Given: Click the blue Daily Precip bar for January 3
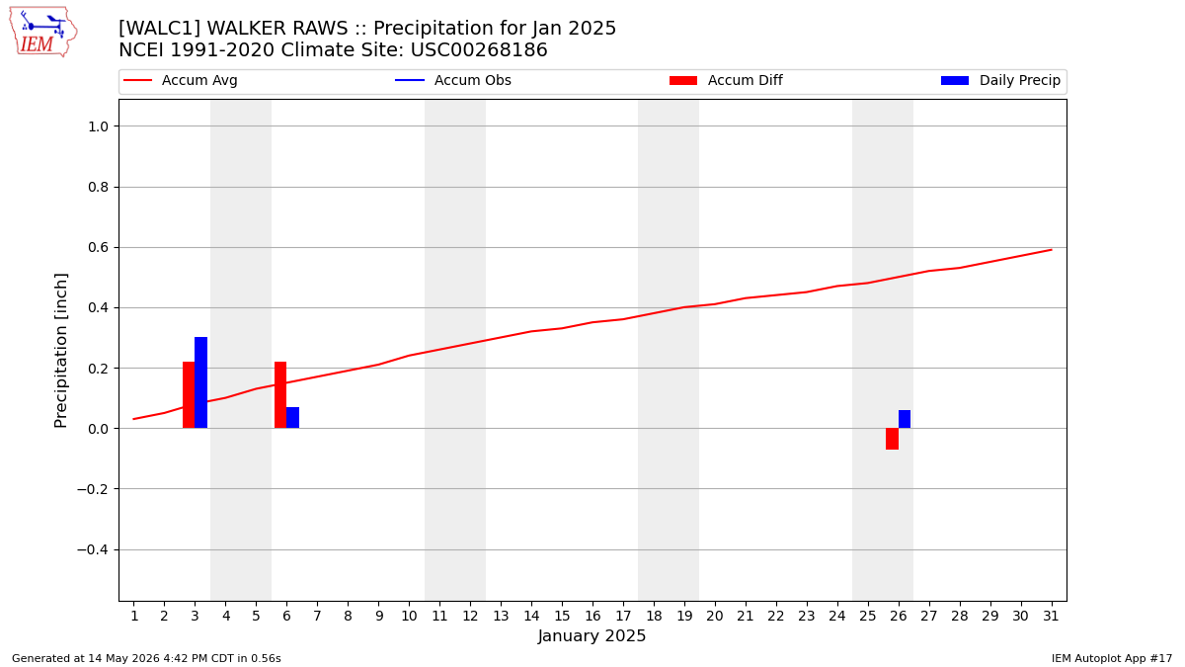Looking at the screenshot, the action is pyautogui.click(x=201, y=382).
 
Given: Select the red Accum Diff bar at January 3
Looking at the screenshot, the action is pyautogui.click(x=189, y=395).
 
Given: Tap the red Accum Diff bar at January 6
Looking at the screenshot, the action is pyautogui.click(x=280, y=395).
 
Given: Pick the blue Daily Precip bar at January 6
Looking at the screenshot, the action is pyautogui.click(x=293, y=418).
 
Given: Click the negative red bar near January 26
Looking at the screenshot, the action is pyautogui.click(x=893, y=439).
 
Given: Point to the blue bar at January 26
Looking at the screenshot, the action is pyautogui.click(x=905, y=419).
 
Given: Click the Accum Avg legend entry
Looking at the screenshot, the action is pyautogui.click(x=181, y=80).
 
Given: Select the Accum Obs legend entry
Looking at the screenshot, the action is pyautogui.click(x=453, y=80).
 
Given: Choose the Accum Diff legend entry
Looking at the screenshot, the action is pyautogui.click(x=726, y=80).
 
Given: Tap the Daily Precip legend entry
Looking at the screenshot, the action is pyautogui.click(x=1001, y=80).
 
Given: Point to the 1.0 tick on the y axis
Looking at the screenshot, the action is pyautogui.click(x=98, y=126).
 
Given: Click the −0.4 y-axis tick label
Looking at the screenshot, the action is pyautogui.click(x=93, y=550).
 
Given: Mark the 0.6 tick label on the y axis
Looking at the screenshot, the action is pyautogui.click(x=98, y=248).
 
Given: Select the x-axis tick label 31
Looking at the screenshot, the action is pyautogui.click(x=1051, y=617).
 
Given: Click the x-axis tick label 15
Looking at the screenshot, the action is pyautogui.click(x=562, y=617).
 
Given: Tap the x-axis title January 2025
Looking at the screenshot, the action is pyautogui.click(x=592, y=635).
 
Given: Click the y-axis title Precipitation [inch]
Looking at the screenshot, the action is pyautogui.click(x=61, y=351).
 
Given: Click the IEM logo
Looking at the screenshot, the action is pyautogui.click(x=43, y=33).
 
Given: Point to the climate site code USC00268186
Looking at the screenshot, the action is pyautogui.click(x=479, y=50).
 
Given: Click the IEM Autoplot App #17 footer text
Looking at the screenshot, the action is pyautogui.click(x=1112, y=658).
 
